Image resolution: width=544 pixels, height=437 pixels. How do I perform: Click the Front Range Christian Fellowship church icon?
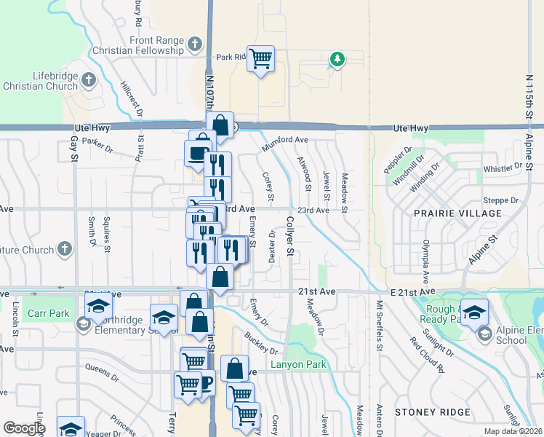click(x=194, y=44)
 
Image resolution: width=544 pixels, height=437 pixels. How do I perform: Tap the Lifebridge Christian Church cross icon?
click(x=88, y=79)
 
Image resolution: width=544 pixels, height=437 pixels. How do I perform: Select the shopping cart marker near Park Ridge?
click(x=260, y=58)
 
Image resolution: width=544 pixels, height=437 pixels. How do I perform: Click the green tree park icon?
click(x=336, y=59)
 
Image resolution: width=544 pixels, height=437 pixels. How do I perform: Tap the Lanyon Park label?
click(x=295, y=365)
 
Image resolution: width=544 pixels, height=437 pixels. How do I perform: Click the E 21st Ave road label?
click(x=401, y=291)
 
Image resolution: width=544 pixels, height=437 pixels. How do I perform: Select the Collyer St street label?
click(x=289, y=236)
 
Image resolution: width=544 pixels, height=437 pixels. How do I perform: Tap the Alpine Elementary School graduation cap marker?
click(x=474, y=311)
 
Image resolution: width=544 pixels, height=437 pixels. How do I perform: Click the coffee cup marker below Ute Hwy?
click(x=197, y=153)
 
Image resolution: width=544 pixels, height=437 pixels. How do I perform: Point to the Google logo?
click(x=24, y=428)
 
